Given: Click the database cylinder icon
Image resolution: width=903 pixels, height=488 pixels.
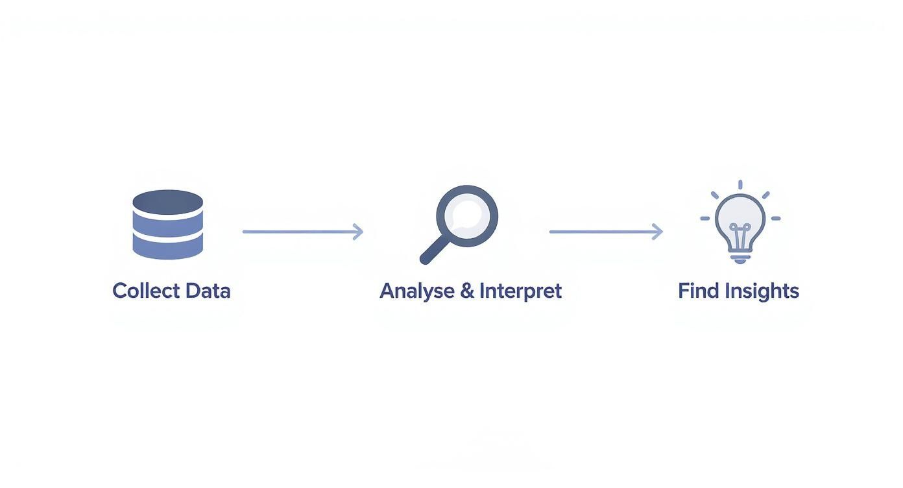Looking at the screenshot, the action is click(168, 225).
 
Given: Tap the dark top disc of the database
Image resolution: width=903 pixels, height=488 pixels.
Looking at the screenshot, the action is click(168, 202).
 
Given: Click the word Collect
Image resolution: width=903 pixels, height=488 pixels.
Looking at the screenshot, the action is click(146, 291).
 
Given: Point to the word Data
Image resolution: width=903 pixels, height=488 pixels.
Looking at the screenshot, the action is click(208, 291).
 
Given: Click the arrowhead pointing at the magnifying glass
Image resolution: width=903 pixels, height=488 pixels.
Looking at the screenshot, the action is click(358, 232).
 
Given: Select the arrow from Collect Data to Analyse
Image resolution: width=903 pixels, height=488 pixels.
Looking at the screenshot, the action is click(303, 232).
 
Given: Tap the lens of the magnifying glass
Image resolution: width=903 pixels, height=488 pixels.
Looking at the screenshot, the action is click(467, 215).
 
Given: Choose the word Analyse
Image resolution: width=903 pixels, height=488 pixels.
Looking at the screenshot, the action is click(417, 291).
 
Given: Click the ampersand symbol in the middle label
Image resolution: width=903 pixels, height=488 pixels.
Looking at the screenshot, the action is click(467, 291).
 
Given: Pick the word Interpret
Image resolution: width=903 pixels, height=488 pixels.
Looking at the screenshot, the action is click(520, 291).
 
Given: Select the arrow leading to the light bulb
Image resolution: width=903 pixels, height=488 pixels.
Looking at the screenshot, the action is click(606, 232).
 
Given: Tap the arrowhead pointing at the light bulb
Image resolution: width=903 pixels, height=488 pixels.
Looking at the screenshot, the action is click(658, 232).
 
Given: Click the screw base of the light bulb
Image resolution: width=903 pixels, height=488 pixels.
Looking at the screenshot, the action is click(740, 258).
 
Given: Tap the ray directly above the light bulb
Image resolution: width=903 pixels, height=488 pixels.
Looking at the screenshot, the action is click(741, 185).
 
